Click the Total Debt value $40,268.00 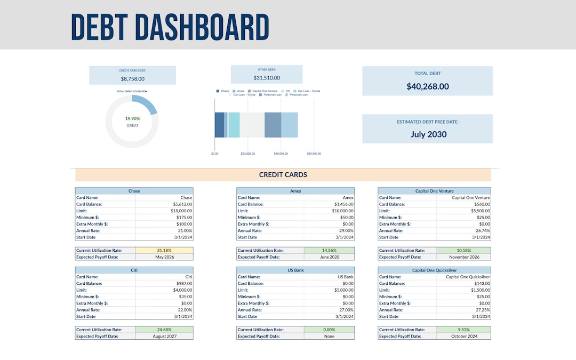coord(427,86)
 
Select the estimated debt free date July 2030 coord(428,134)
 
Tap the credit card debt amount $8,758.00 coord(132,79)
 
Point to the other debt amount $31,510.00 coord(266,78)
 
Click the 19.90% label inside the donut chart coord(132,118)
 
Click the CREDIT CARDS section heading coord(283,175)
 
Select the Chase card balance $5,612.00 coord(181,204)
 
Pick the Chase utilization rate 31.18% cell coord(164,250)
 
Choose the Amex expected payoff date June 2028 coord(330,257)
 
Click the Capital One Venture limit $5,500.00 coord(478,211)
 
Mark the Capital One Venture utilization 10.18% coord(463,250)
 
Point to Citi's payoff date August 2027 coord(164,337)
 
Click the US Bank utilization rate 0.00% coord(329,330)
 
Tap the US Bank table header coord(295,270)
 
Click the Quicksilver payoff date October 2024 coord(463,337)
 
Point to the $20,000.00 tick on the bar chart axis coord(247,154)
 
